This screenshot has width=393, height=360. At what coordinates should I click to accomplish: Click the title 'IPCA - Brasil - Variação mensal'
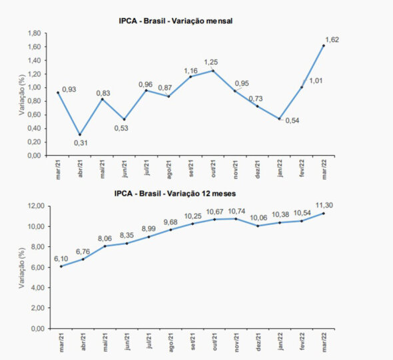click(x=175, y=21)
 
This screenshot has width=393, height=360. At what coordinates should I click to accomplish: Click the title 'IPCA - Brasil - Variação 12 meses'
click(x=175, y=194)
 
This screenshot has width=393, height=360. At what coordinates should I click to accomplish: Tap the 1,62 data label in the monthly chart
click(x=332, y=40)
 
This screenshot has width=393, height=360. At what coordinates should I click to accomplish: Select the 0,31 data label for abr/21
click(x=81, y=143)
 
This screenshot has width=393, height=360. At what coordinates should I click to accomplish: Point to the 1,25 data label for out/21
click(x=211, y=62)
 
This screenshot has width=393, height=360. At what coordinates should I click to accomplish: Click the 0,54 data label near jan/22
click(x=292, y=120)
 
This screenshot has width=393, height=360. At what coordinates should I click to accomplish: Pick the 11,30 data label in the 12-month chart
click(x=324, y=205)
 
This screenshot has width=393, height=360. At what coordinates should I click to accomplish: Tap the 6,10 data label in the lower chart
click(x=61, y=259)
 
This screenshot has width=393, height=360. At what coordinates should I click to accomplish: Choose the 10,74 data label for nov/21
click(x=236, y=212)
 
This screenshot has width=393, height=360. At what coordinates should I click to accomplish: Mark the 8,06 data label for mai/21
click(x=105, y=239)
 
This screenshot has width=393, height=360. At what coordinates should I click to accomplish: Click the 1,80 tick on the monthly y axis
click(x=34, y=33)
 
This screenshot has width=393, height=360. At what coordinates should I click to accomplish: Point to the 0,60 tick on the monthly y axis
click(x=34, y=115)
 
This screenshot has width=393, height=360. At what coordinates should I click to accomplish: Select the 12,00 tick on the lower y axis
click(x=36, y=206)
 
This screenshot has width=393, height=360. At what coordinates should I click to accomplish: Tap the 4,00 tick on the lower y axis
click(x=38, y=287)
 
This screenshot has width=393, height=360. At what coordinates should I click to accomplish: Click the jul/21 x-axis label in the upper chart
click(x=147, y=168)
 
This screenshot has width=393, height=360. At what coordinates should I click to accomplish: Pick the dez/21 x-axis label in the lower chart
click(x=258, y=341)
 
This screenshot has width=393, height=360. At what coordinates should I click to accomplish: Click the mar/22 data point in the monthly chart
click(x=324, y=46)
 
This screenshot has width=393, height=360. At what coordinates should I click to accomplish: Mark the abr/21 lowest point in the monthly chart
click(x=80, y=134)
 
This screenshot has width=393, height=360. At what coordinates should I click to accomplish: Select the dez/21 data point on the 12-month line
click(x=258, y=226)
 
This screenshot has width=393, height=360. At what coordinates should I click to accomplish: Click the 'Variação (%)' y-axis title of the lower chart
click(x=22, y=268)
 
